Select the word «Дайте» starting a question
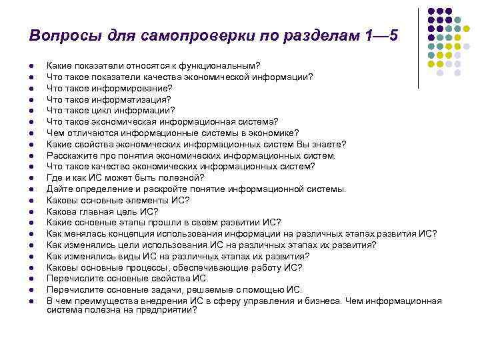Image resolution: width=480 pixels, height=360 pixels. coord(58,189)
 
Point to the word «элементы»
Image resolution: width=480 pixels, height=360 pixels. coord(149,200)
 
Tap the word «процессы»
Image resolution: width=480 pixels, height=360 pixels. coord(148,267)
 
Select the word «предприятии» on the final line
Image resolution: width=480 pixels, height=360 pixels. coord(166,309)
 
